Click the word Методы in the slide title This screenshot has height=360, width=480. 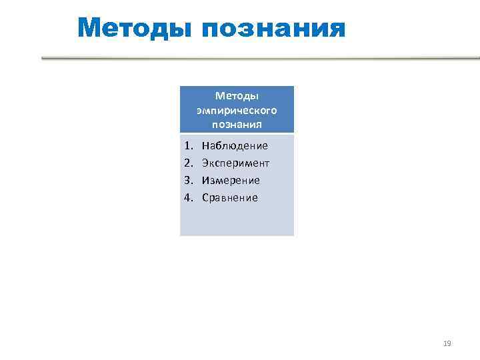pyautogui.click(x=135, y=28)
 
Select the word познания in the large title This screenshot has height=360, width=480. pyautogui.click(x=273, y=29)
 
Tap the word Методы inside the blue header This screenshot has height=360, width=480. pyautogui.click(x=237, y=97)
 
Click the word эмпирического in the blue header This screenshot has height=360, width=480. pyautogui.click(x=237, y=110)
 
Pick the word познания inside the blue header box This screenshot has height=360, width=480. pyautogui.click(x=237, y=124)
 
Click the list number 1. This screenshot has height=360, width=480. pyautogui.click(x=188, y=145)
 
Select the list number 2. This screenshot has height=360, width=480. pyautogui.click(x=188, y=163)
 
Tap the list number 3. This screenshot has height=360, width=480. pyautogui.click(x=188, y=180)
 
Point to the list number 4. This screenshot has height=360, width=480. pyautogui.click(x=188, y=197)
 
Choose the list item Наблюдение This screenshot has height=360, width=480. pyautogui.click(x=235, y=145)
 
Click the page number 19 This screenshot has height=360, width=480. pyautogui.click(x=447, y=343)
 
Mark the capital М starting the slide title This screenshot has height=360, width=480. pyautogui.click(x=89, y=28)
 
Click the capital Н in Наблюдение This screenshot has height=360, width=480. pyautogui.click(x=205, y=145)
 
